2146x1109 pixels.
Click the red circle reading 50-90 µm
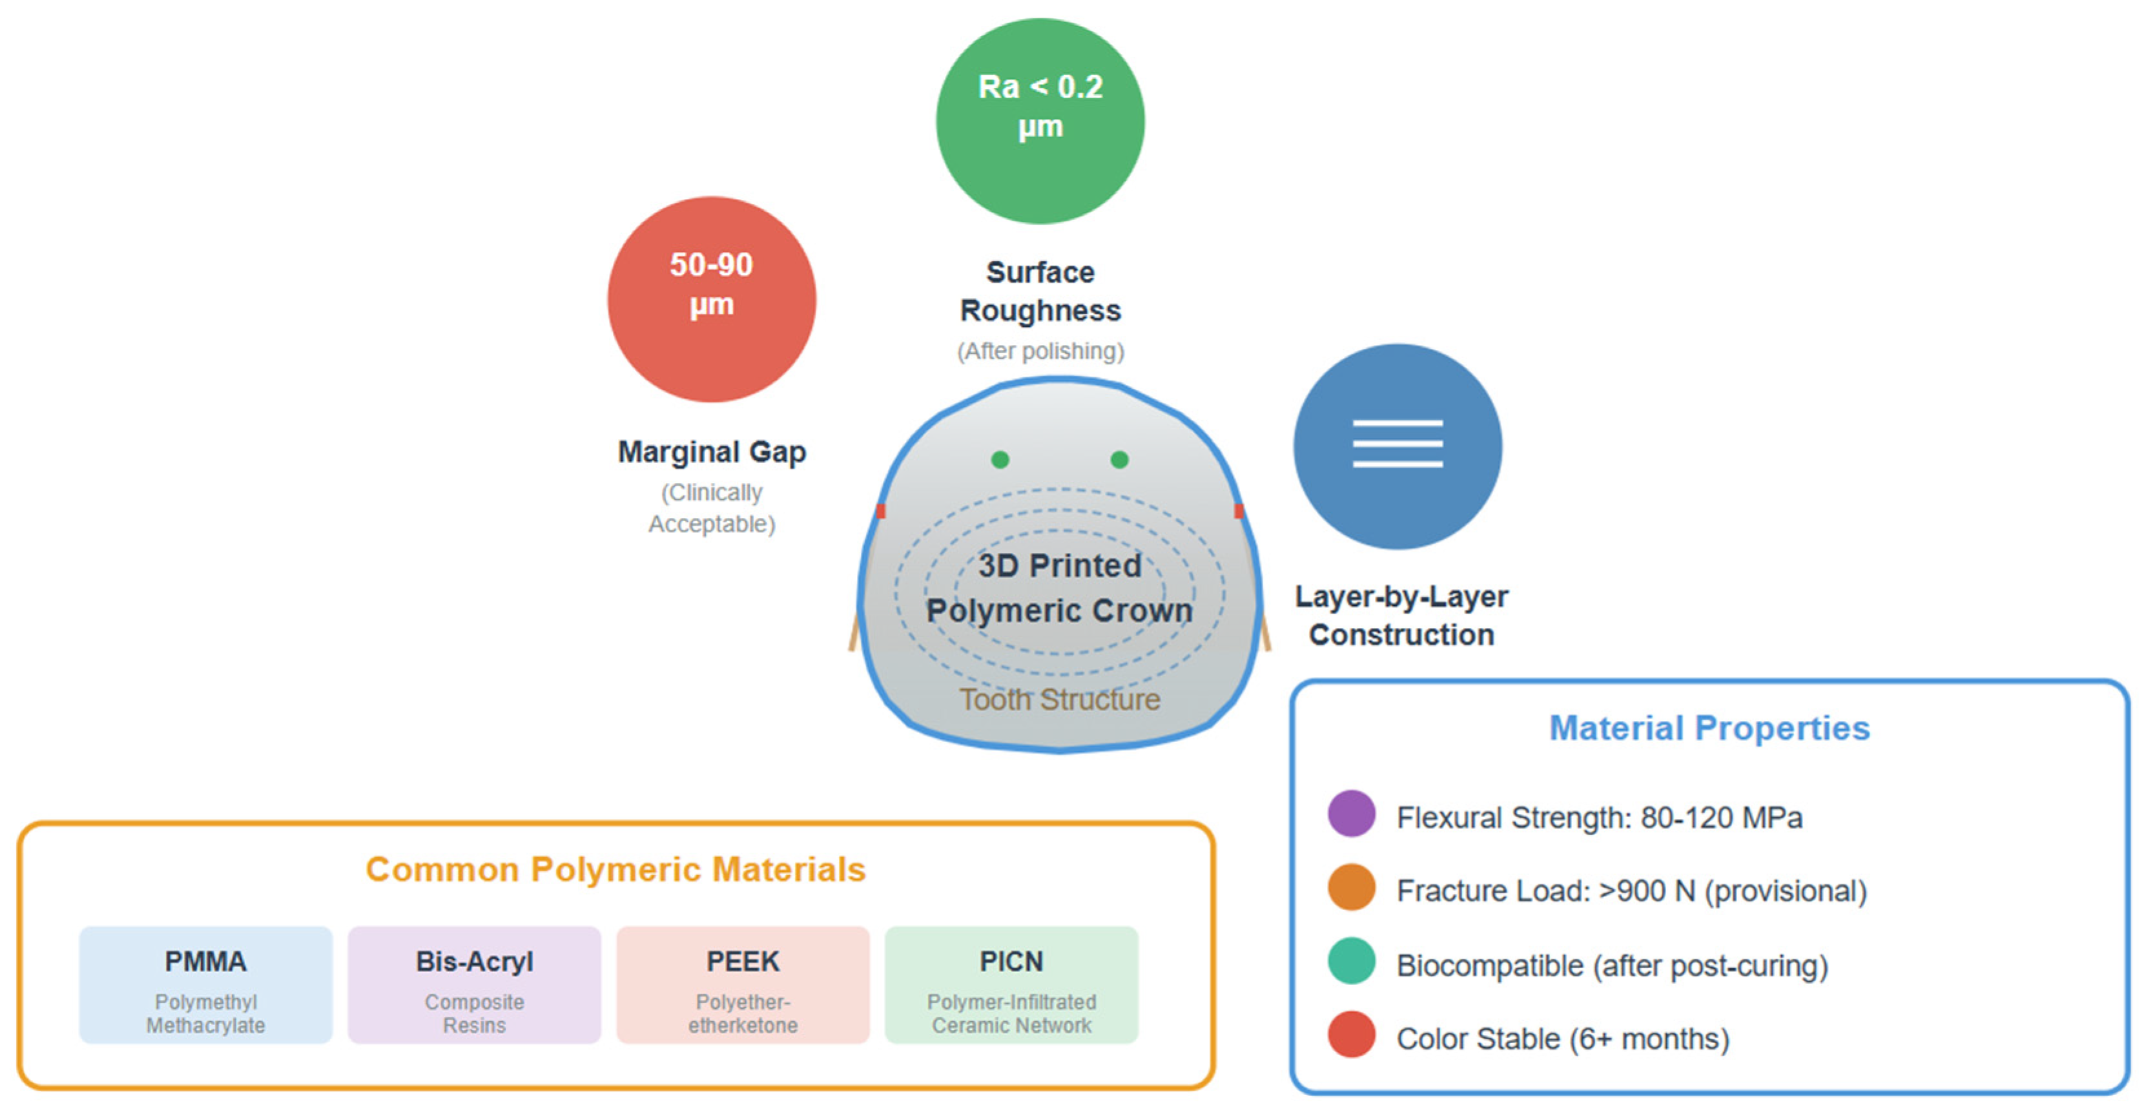click(x=712, y=300)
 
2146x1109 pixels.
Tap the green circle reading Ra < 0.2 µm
click(x=1040, y=121)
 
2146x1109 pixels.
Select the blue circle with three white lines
click(x=1397, y=446)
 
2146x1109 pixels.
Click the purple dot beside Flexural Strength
click(x=1351, y=814)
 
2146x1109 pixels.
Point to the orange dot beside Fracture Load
click(x=1351, y=887)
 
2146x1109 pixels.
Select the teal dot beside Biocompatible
click(x=1351, y=962)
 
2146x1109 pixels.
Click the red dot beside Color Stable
click(x=1351, y=1035)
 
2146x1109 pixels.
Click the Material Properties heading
click(x=1709, y=728)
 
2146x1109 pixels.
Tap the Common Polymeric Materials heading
click(x=615, y=869)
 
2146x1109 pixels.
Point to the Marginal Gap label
click(x=712, y=451)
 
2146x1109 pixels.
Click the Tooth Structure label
click(x=1059, y=699)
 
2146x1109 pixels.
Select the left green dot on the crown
click(x=1000, y=459)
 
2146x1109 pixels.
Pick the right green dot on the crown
click(x=1120, y=459)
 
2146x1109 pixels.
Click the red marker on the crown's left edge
click(x=881, y=511)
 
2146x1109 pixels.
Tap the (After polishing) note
click(x=1040, y=351)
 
